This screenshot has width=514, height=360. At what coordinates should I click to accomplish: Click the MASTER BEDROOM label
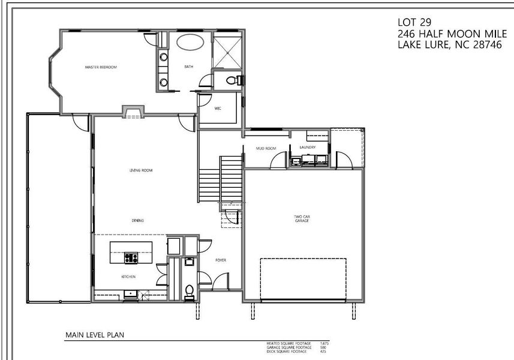(x=100, y=67)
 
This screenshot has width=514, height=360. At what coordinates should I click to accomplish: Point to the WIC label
(x=218, y=109)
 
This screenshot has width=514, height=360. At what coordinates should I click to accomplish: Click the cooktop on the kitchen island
(x=131, y=259)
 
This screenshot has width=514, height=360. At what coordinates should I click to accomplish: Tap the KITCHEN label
(x=128, y=277)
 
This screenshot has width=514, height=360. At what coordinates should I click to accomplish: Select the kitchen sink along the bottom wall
(x=129, y=293)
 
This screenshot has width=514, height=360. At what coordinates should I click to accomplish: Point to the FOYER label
(x=220, y=260)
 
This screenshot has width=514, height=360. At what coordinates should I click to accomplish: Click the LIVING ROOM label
(x=142, y=170)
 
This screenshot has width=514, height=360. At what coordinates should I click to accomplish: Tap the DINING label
(x=138, y=220)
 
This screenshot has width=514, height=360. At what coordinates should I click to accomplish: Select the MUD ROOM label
(x=265, y=148)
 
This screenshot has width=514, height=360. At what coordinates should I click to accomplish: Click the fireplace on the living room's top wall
(x=133, y=111)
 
